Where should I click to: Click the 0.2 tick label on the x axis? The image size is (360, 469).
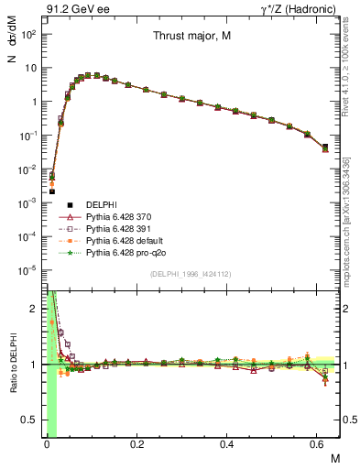coord(136,444)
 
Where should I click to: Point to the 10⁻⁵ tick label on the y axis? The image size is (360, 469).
coord(30,269)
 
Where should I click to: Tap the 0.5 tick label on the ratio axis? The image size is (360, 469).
coord(31,420)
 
